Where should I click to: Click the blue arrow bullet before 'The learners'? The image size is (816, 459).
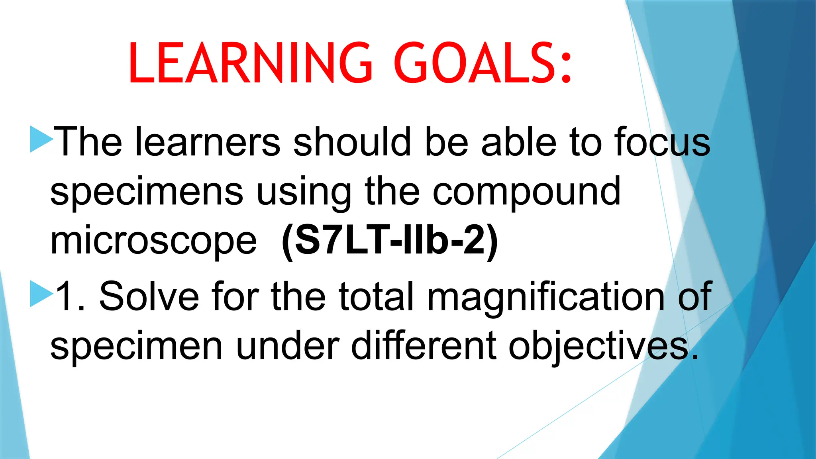(41, 139)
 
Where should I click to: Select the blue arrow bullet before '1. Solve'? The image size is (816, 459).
(41, 294)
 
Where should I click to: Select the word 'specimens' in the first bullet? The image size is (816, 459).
(147, 192)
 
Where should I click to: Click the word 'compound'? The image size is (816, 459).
(526, 192)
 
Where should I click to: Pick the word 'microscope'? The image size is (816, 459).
(153, 241)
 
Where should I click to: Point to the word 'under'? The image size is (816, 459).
(287, 346)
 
